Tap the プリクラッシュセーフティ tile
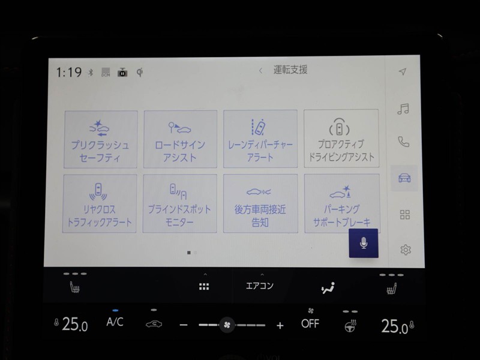coord(100,140)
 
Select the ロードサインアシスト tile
coord(181,139)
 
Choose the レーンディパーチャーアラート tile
coord(260,139)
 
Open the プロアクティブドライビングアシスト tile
coord(341,139)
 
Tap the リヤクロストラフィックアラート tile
coord(100,204)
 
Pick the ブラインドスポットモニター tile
coord(179,204)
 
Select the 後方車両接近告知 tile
coord(260,204)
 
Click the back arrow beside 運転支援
coord(260,71)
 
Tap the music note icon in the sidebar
coord(403,109)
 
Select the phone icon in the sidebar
coord(403,142)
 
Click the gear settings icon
coord(406,250)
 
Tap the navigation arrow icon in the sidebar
coord(403,71)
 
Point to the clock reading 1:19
coord(69,73)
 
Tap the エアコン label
coord(260,286)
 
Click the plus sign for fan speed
coord(280,325)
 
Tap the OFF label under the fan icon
coord(310,323)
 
